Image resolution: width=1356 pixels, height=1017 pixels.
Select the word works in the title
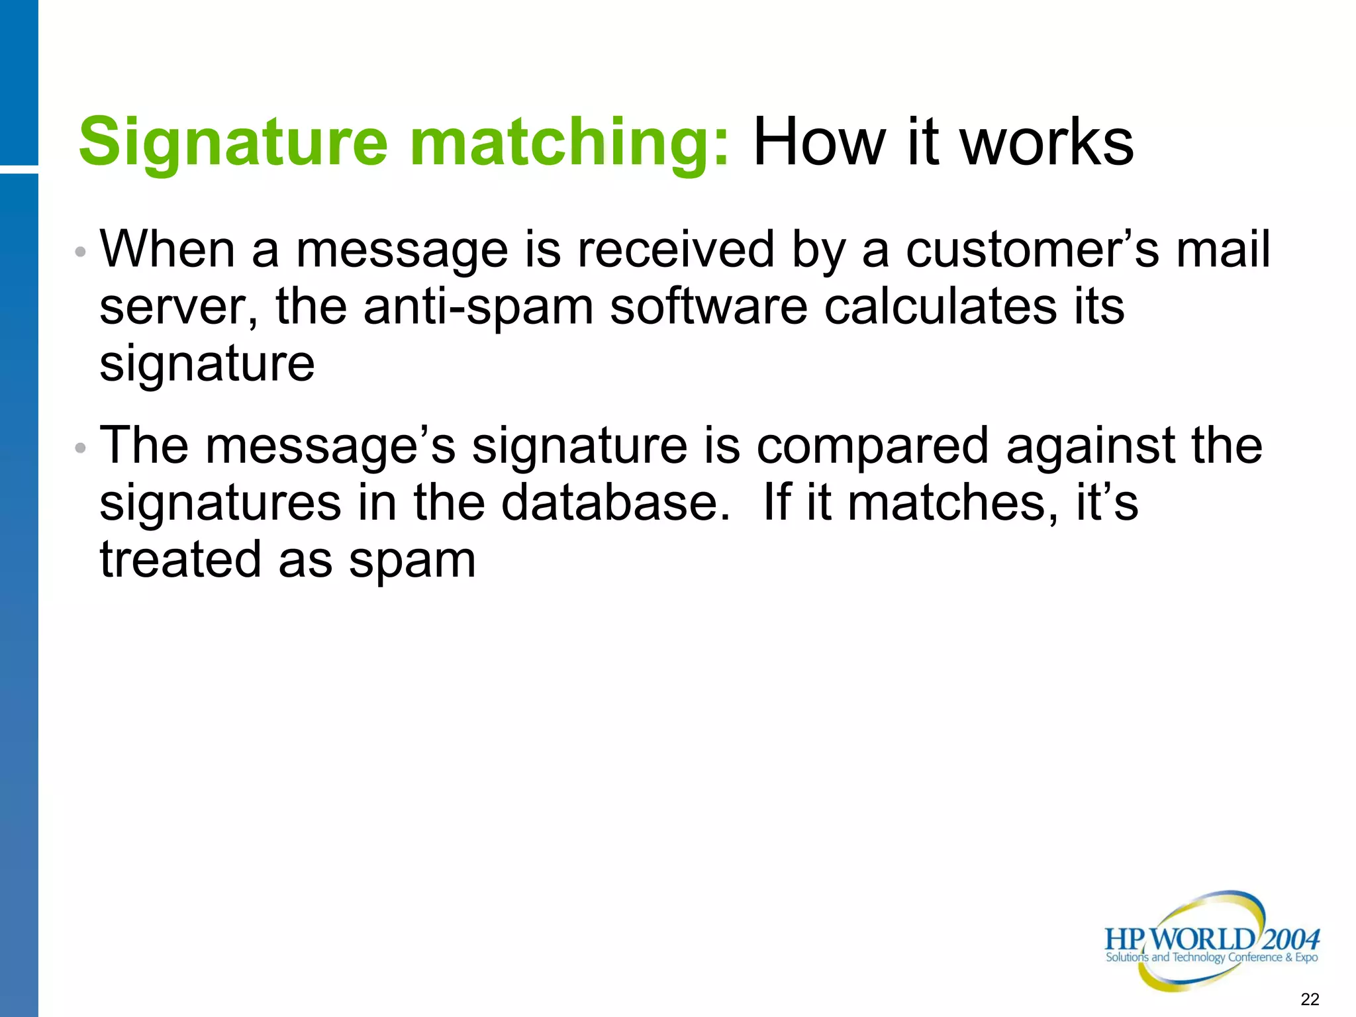pos(1047,142)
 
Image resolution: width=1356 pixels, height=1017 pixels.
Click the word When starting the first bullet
pos(168,250)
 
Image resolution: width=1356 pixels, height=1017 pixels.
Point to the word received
pos(675,250)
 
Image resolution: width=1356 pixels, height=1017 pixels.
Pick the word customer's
pos(1032,250)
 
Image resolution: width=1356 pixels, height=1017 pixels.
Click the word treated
pos(180,559)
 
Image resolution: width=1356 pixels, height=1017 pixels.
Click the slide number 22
pos(1310,999)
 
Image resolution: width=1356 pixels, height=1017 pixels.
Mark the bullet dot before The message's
pos(80,448)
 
